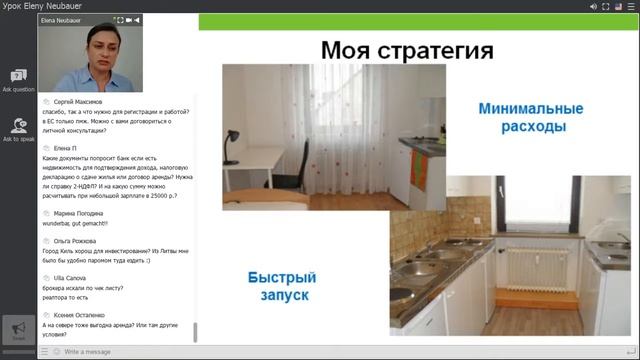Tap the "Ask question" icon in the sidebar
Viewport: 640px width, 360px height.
[x=18, y=78]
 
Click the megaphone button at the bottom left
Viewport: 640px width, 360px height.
[x=18, y=329]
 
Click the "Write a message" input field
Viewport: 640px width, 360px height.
[x=120, y=352]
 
